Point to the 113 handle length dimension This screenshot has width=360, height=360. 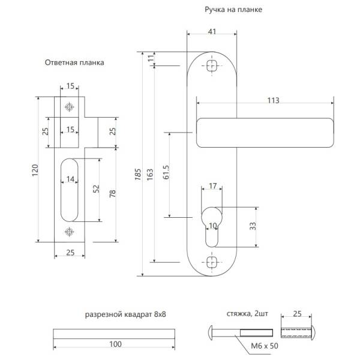click(x=273, y=101)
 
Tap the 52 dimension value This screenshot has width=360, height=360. click(x=96, y=190)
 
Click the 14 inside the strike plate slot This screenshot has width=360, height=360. click(x=70, y=179)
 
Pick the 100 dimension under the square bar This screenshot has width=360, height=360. click(x=116, y=344)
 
